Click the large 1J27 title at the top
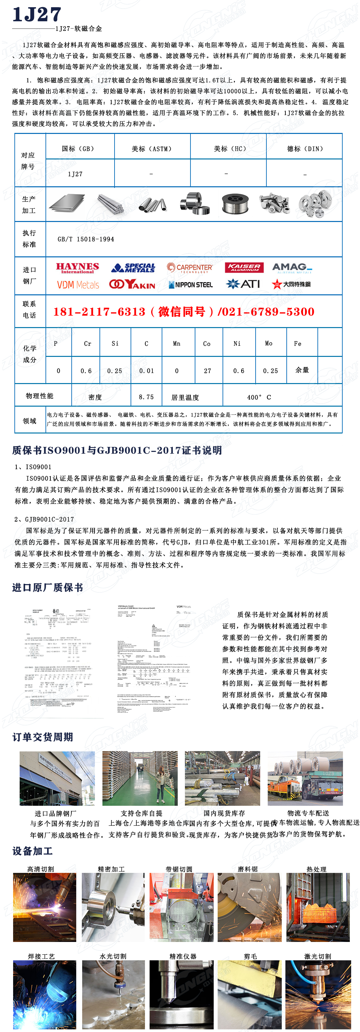coord(37,15)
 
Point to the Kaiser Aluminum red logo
coord(244,267)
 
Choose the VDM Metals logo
coord(78,285)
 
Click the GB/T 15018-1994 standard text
coord(86,239)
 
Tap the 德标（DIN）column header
coord(305,149)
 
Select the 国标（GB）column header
coord(78,149)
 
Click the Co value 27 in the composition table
coord(207,371)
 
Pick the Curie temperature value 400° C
coord(259,397)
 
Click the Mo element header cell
coord(269,343)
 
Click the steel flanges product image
coord(315,204)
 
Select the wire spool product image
coord(235,204)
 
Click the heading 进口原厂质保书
coord(48,587)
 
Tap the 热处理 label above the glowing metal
coord(316,869)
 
